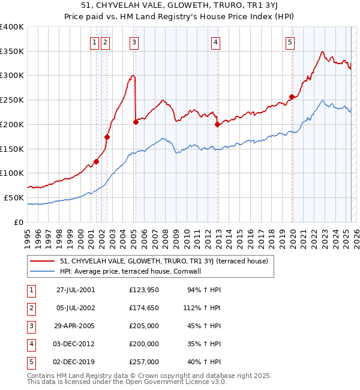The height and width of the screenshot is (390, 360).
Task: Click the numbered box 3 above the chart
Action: pos(133,42)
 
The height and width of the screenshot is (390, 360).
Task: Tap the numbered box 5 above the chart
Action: pos(290,42)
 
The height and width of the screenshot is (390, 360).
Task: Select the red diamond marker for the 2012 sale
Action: pos(217,125)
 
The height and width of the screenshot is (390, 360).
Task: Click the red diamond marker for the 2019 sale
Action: pos(292,97)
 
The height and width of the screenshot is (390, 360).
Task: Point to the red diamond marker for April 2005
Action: pos(136,122)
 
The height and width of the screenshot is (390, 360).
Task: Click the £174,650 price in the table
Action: pos(144,308)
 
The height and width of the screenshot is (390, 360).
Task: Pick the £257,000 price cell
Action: pos(144,362)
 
